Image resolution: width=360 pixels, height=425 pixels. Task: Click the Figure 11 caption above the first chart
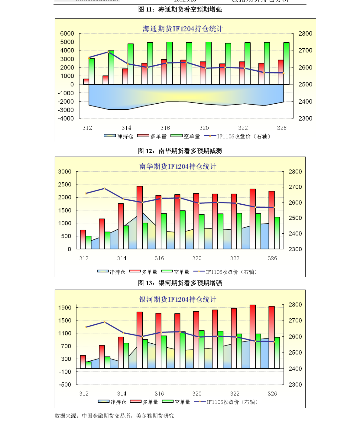(x=180, y=10)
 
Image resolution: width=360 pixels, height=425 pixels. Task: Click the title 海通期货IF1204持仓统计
(x=183, y=29)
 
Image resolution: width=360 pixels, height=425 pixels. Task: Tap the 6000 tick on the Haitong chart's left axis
(x=67, y=34)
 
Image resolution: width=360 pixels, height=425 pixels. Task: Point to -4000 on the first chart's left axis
(x=66, y=118)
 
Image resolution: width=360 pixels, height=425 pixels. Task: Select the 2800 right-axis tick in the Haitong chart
(x=305, y=34)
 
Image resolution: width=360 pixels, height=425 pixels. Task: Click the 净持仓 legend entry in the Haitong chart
(x=118, y=136)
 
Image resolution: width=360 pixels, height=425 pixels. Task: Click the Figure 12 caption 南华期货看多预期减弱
(x=180, y=151)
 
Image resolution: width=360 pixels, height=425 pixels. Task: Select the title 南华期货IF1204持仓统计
(x=178, y=167)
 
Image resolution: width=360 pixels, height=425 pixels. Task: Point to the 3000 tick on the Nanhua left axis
(x=65, y=172)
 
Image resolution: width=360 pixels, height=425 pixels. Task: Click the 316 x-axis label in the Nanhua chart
(x=159, y=258)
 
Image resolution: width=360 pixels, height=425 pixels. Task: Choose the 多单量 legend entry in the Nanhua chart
(x=143, y=272)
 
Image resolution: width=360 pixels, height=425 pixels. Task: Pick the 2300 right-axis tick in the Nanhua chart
(x=295, y=249)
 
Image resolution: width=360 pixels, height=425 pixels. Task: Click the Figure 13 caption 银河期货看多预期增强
(x=180, y=283)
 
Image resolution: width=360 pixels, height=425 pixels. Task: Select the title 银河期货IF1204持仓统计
(x=178, y=300)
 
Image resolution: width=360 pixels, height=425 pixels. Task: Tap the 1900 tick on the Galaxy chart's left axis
(x=65, y=308)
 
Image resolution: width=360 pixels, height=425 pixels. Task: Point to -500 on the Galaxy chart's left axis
(x=65, y=384)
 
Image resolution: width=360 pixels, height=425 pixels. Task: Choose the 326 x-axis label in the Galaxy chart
(x=272, y=394)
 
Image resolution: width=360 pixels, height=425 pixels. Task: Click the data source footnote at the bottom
(x=114, y=416)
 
